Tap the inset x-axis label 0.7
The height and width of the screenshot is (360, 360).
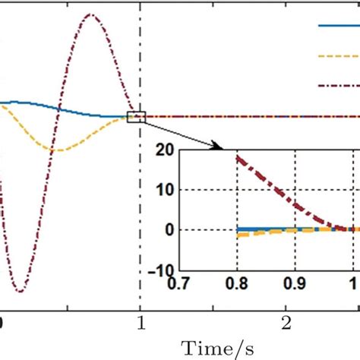[x=180, y=283]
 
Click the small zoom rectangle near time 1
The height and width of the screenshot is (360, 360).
[x=137, y=116]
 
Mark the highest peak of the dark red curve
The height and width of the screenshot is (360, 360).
[x=92, y=14]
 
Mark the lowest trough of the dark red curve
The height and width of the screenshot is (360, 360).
[x=21, y=292]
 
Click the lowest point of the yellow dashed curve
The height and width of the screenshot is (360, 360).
[x=59, y=150]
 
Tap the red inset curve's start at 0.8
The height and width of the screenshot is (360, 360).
[x=238, y=158]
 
